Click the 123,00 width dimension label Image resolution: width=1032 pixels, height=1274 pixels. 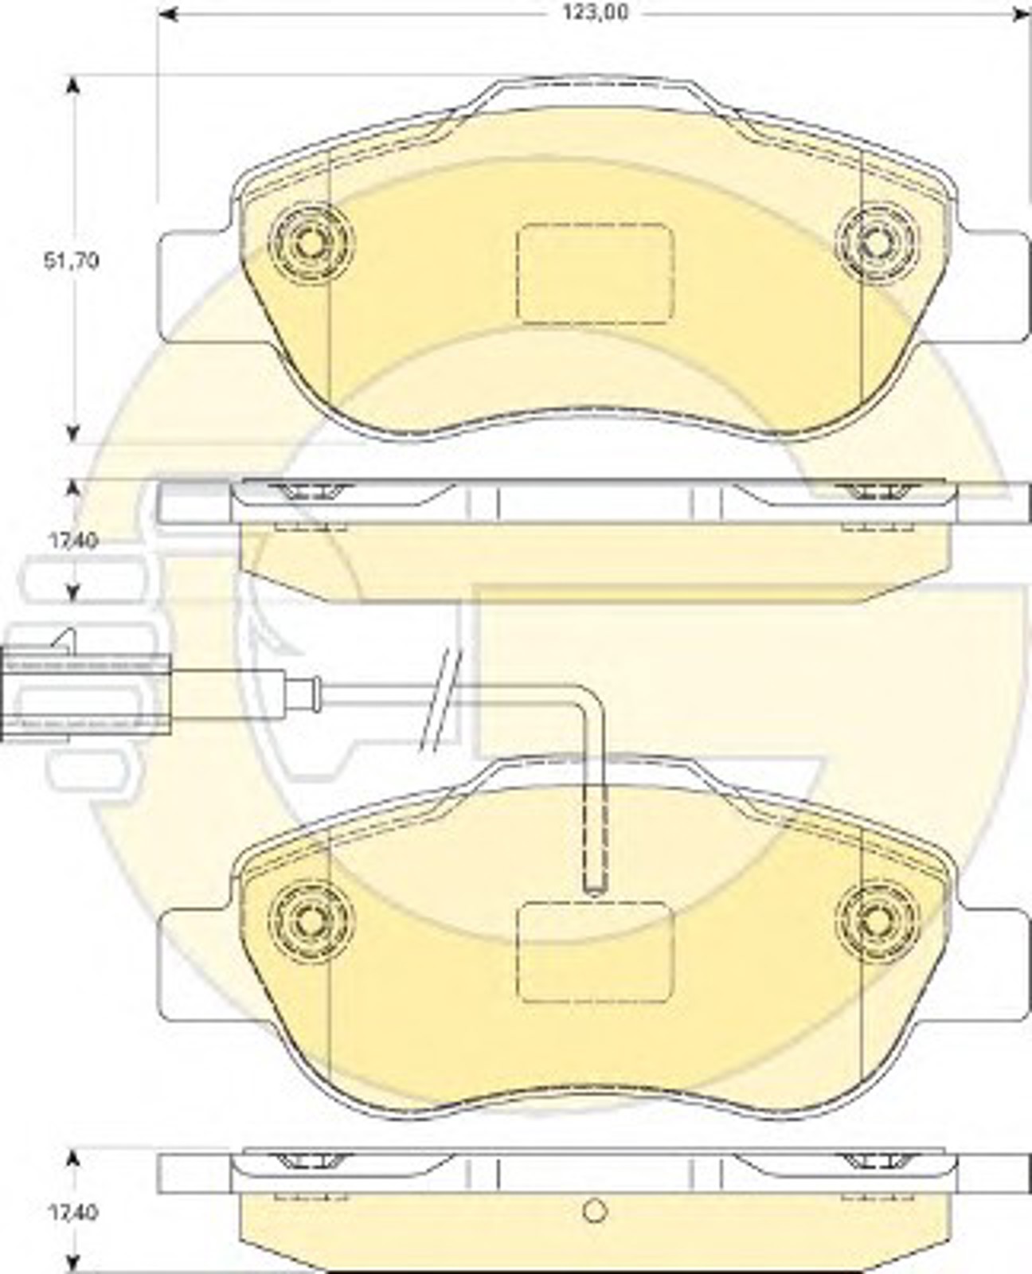point(596,13)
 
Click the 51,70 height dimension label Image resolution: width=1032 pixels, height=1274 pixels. point(71,261)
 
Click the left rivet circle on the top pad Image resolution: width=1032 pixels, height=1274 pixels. point(311,242)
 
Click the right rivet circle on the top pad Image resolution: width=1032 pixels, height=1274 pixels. point(876,242)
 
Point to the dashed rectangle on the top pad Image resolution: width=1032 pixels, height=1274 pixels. point(595,273)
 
